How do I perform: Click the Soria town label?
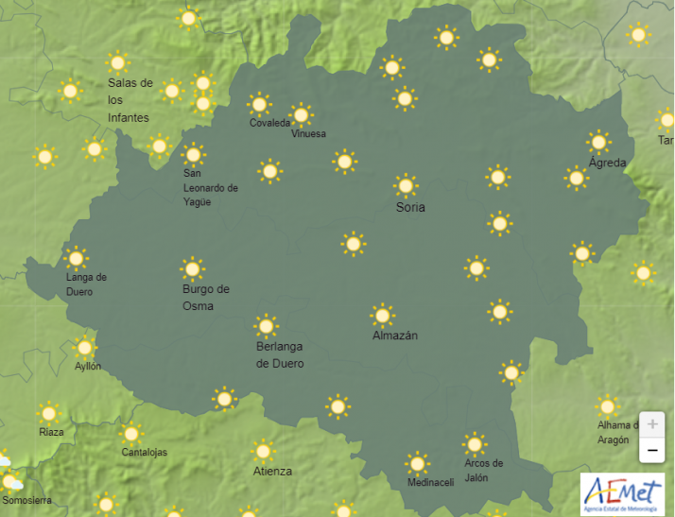(x=410, y=207)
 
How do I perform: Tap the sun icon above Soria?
(x=407, y=185)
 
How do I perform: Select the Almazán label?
(x=395, y=336)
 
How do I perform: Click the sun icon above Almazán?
(x=382, y=315)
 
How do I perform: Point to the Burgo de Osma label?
(x=205, y=298)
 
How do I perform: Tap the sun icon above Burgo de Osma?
(x=193, y=268)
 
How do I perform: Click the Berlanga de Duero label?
(x=280, y=355)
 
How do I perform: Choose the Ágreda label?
(x=607, y=163)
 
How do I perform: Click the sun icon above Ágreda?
(x=598, y=142)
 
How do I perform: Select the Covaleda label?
(x=269, y=124)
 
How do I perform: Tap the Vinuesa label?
(x=308, y=134)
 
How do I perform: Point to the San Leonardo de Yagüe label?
(x=210, y=188)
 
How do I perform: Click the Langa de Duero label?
(x=86, y=284)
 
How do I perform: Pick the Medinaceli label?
(x=430, y=483)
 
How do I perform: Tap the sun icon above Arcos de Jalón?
(x=475, y=443)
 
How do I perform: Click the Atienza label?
(x=272, y=471)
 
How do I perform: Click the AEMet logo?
(x=622, y=493)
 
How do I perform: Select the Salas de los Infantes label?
(x=130, y=100)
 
